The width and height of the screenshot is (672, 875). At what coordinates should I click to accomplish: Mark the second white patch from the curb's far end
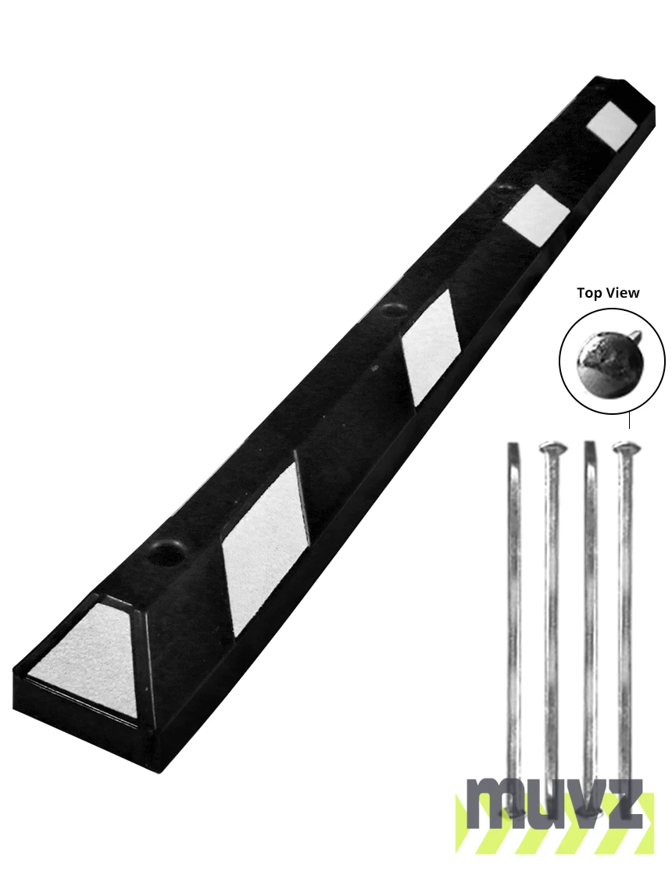pyautogui.click(x=535, y=216)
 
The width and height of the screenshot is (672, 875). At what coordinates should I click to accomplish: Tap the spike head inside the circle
pyautogui.click(x=609, y=363)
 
